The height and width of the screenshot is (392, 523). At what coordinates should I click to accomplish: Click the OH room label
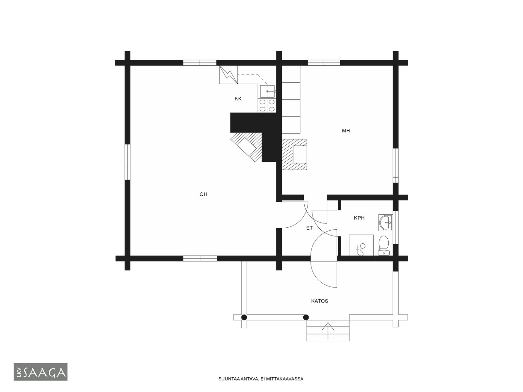(203, 194)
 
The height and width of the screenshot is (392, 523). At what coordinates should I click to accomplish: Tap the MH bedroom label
(346, 131)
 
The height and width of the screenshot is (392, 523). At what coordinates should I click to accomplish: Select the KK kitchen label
(238, 99)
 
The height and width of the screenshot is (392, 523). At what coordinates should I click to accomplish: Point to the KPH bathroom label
(359, 218)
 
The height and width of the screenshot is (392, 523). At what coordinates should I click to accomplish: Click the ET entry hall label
(309, 228)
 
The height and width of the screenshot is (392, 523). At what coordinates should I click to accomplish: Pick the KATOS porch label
(319, 301)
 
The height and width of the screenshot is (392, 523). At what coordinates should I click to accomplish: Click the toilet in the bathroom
(383, 246)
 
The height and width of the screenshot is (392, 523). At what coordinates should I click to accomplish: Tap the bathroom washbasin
(385, 222)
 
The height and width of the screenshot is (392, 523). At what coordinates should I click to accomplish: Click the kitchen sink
(267, 91)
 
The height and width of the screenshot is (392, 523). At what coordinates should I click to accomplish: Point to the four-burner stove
(267, 106)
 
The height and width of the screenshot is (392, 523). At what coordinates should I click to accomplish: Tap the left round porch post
(244, 317)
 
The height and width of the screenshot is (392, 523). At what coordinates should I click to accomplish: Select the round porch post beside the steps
(306, 317)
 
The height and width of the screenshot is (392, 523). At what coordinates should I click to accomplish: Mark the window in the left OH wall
(127, 162)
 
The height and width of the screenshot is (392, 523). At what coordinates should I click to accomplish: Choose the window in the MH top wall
(324, 63)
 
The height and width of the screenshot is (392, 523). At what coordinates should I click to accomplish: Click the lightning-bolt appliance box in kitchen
(228, 75)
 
